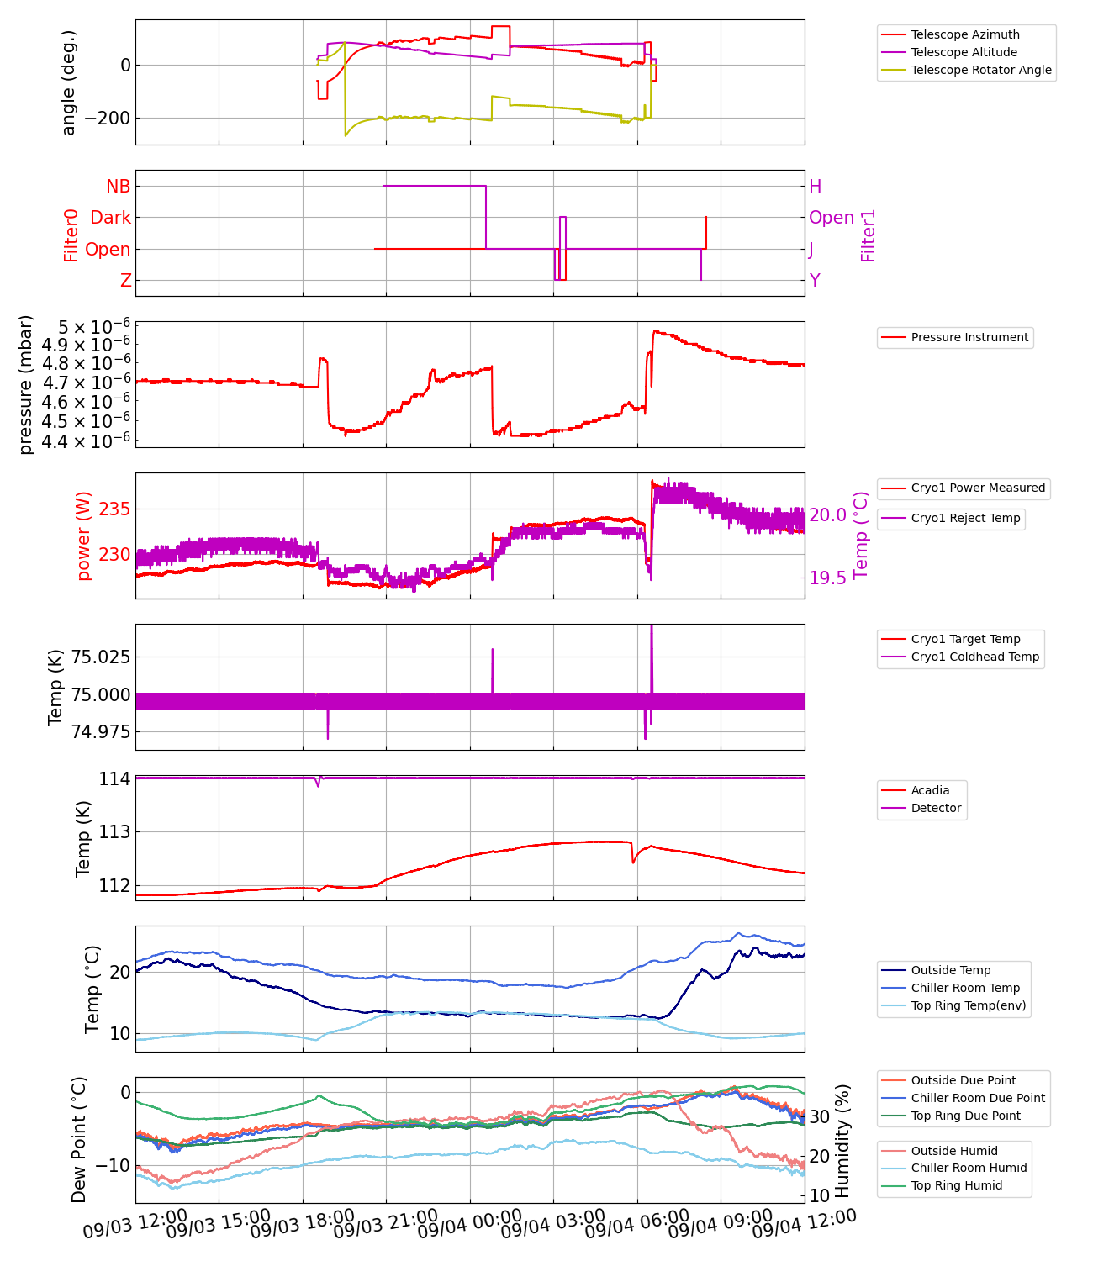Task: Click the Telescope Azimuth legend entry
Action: point(964,34)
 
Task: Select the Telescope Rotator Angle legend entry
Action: point(980,70)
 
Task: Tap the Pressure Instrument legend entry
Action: point(969,337)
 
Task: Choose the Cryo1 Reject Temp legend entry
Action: point(965,518)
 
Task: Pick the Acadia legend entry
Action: point(930,790)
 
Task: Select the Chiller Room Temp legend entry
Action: point(965,988)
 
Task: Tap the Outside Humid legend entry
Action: point(954,1151)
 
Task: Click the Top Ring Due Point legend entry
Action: point(965,1116)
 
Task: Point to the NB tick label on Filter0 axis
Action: point(118,187)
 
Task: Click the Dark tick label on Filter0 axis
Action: point(110,218)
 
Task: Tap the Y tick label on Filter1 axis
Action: point(815,281)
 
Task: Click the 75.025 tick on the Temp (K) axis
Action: point(100,657)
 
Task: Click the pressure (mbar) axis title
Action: point(26,384)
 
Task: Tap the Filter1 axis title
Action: point(869,235)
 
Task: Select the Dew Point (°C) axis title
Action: point(79,1139)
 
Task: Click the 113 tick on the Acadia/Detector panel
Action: point(114,832)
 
